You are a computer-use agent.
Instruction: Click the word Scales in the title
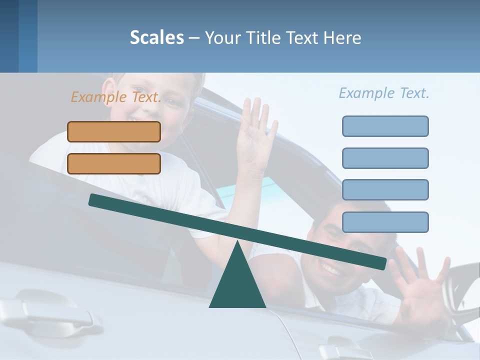pos(156,37)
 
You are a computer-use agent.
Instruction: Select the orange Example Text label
pos(116,97)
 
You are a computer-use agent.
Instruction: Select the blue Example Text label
pos(384,93)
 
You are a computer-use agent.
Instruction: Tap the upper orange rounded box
pos(114,131)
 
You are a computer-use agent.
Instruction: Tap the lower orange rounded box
pos(114,163)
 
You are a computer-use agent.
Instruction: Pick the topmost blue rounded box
pos(385,126)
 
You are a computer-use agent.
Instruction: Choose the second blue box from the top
pos(385,158)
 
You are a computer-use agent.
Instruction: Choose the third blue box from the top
pos(385,190)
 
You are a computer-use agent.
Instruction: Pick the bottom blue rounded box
pos(385,222)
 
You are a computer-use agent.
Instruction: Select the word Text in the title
pos(303,38)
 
